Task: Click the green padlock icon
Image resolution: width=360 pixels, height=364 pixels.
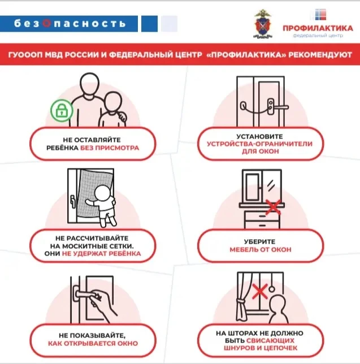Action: (62, 111)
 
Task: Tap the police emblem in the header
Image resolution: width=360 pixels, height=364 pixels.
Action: (263, 24)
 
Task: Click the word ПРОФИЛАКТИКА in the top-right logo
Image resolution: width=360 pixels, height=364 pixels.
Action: (318, 28)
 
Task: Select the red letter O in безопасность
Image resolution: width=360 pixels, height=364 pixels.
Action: (46, 23)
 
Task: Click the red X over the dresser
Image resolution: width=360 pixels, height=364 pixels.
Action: (273, 206)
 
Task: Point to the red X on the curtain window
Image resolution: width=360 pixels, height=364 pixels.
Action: (260, 291)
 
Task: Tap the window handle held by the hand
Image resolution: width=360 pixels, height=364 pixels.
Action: (84, 294)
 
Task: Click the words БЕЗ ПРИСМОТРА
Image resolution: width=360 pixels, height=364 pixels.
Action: (110, 148)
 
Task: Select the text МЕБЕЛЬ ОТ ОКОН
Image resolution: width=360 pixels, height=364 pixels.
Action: (261, 250)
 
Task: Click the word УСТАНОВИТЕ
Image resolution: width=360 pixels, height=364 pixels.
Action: (260, 136)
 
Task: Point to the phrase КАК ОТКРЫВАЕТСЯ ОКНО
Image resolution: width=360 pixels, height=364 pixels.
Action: (93, 343)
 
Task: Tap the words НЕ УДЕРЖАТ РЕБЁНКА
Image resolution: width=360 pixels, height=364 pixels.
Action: (101, 253)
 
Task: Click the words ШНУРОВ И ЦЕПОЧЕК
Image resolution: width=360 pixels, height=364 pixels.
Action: (261, 348)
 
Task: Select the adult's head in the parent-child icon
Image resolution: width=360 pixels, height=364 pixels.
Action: (90, 83)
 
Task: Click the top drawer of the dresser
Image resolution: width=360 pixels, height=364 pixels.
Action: (262, 216)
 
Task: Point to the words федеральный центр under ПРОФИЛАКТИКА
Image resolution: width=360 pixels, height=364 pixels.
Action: (318, 36)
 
